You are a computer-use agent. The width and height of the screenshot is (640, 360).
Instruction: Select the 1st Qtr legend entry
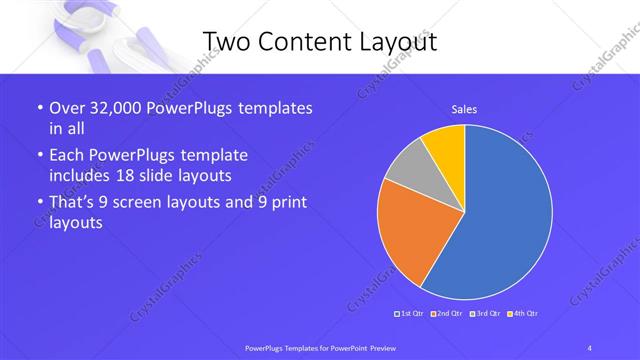(411, 315)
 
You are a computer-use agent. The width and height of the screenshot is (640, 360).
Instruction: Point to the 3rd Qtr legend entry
(484, 315)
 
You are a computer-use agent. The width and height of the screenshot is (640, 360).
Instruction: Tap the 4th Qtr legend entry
(521, 315)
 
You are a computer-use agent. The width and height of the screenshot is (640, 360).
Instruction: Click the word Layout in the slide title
(397, 40)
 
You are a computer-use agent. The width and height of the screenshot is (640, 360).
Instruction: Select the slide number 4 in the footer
(589, 346)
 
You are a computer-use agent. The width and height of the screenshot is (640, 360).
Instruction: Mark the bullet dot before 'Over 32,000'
(39, 108)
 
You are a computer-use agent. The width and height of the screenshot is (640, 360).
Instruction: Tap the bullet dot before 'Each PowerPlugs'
(39, 156)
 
